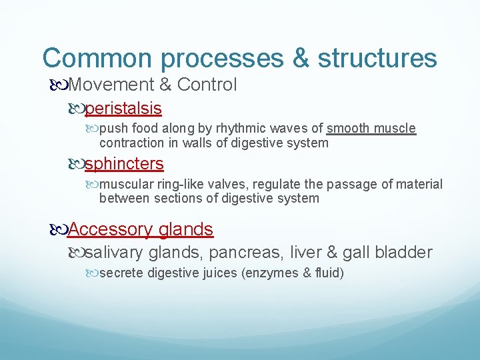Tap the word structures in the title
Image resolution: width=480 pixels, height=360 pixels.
[377, 58]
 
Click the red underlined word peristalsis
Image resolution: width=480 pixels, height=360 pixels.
[124, 107]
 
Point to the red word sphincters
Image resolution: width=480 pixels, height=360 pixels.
[125, 163]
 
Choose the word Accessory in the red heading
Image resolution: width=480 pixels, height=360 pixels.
[111, 229]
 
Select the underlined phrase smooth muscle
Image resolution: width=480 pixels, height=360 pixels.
[371, 129]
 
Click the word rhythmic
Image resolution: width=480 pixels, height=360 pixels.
[237, 129]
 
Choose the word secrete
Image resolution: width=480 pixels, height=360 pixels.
[121, 273]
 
